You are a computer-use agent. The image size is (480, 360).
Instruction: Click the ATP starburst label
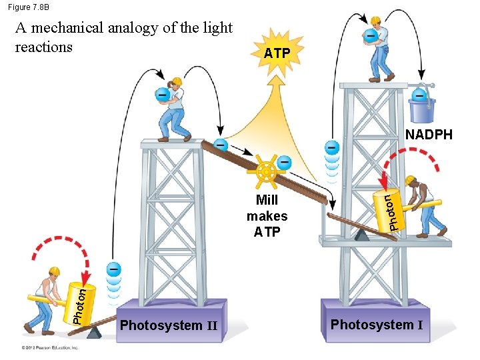click(x=277, y=52)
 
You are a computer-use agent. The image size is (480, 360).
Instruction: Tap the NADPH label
click(x=429, y=135)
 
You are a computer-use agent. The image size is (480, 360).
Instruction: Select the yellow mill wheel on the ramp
click(x=266, y=172)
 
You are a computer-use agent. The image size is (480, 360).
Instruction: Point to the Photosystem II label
click(x=169, y=325)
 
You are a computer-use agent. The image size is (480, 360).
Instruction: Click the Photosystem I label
click(x=377, y=325)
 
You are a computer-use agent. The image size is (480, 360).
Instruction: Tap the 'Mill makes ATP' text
click(x=267, y=216)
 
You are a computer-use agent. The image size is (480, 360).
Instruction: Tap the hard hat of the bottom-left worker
click(x=53, y=271)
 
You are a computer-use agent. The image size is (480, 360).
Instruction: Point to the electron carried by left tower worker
click(x=161, y=95)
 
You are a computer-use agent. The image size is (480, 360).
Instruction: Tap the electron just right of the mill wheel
click(x=285, y=161)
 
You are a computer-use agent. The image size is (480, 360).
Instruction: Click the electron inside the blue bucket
click(x=421, y=95)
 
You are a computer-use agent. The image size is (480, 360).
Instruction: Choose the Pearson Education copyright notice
click(x=49, y=347)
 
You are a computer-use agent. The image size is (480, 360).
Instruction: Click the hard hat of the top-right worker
click(x=376, y=21)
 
